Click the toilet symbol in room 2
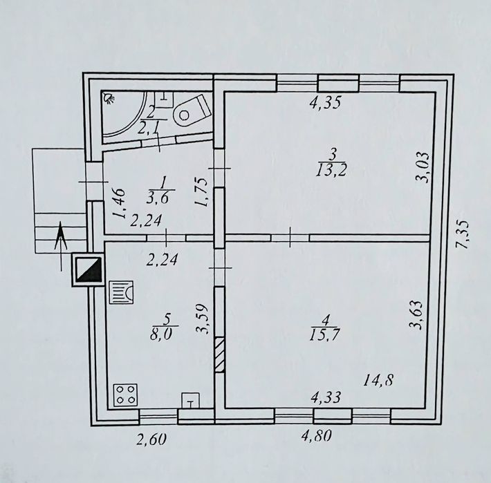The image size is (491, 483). [x=192, y=111]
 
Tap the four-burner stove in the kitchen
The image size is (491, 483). [x=125, y=395]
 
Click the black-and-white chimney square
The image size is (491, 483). [x=88, y=269]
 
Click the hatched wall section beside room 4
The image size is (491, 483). [x=219, y=354]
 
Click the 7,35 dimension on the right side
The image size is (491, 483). [x=462, y=235]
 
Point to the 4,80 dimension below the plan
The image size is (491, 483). [x=315, y=435]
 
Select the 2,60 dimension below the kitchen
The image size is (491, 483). [x=151, y=439]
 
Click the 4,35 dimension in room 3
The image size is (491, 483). [x=325, y=102]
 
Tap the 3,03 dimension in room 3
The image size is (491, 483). [x=421, y=167]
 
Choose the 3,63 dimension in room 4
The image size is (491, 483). [x=418, y=315]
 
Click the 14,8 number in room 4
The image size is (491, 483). [x=378, y=381]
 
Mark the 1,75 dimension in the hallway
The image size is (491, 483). [x=201, y=192]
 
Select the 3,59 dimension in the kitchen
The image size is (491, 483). [x=203, y=319]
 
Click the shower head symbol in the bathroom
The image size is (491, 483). [x=109, y=98]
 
